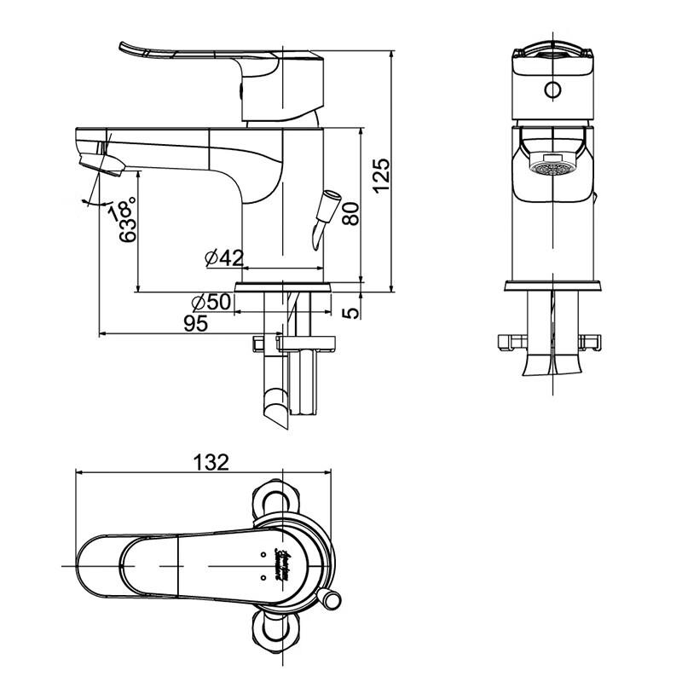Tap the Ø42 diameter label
click(224, 257)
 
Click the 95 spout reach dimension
click(197, 323)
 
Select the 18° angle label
click(120, 209)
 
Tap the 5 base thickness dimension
click(351, 313)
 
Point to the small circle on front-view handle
click(553, 90)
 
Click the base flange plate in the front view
click(553, 286)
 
